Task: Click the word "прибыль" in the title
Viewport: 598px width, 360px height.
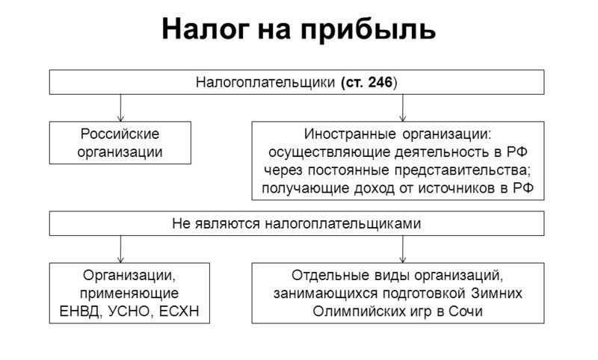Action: tap(368, 30)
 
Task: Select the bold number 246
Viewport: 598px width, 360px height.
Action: tap(380, 82)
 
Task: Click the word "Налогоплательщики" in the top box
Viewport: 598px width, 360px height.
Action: tap(265, 82)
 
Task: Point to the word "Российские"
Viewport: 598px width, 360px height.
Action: tap(120, 134)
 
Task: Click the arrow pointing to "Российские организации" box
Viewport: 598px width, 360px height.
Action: tap(120, 108)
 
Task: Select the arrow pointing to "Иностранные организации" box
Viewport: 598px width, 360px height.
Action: tap(403, 108)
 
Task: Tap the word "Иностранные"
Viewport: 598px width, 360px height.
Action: tap(350, 134)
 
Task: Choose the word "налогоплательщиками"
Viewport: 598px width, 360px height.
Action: tap(343, 223)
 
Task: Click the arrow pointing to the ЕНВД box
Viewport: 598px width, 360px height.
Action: tap(120, 249)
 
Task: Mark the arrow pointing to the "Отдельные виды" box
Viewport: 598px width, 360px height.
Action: tap(403, 249)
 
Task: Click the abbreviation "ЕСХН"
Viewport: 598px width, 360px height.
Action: tap(179, 311)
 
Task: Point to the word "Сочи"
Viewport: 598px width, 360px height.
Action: tap(466, 311)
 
